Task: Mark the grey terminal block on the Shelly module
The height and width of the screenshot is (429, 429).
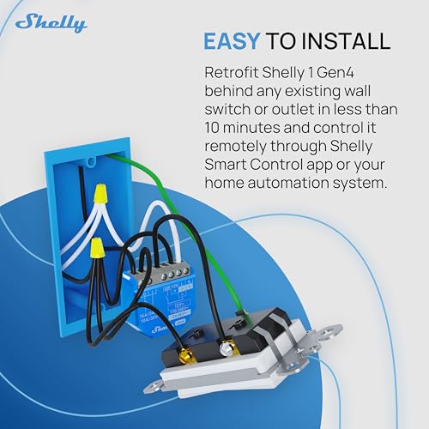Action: tap(168, 273)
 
